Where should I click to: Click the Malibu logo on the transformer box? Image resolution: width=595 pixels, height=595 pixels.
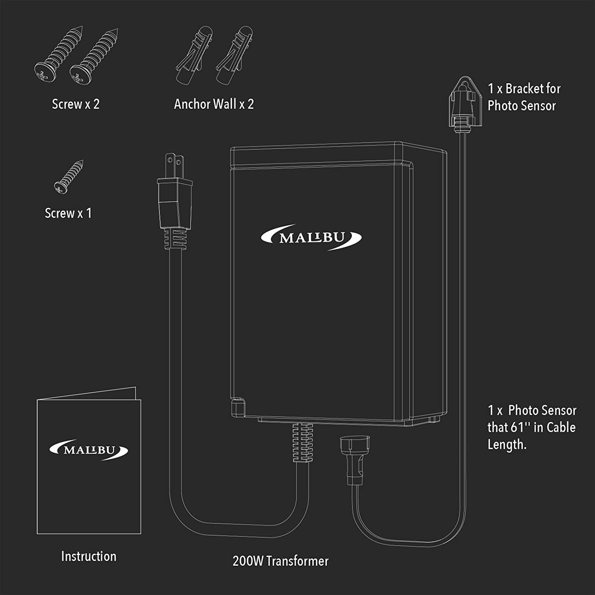[311, 237]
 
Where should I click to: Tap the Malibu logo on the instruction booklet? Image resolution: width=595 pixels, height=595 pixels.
[89, 450]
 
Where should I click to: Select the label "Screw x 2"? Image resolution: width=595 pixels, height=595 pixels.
[76, 104]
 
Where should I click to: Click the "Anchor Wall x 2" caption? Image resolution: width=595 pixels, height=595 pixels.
[214, 104]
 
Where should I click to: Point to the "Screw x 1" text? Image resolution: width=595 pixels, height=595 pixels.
[68, 213]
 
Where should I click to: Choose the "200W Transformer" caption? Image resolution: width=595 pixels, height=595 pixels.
[280, 561]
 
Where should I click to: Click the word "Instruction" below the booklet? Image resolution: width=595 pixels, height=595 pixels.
[89, 556]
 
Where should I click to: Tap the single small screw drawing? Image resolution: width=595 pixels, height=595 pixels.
[69, 177]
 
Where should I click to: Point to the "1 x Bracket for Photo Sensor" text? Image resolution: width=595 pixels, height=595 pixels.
[524, 97]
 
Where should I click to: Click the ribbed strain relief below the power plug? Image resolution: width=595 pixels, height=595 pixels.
[175, 238]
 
